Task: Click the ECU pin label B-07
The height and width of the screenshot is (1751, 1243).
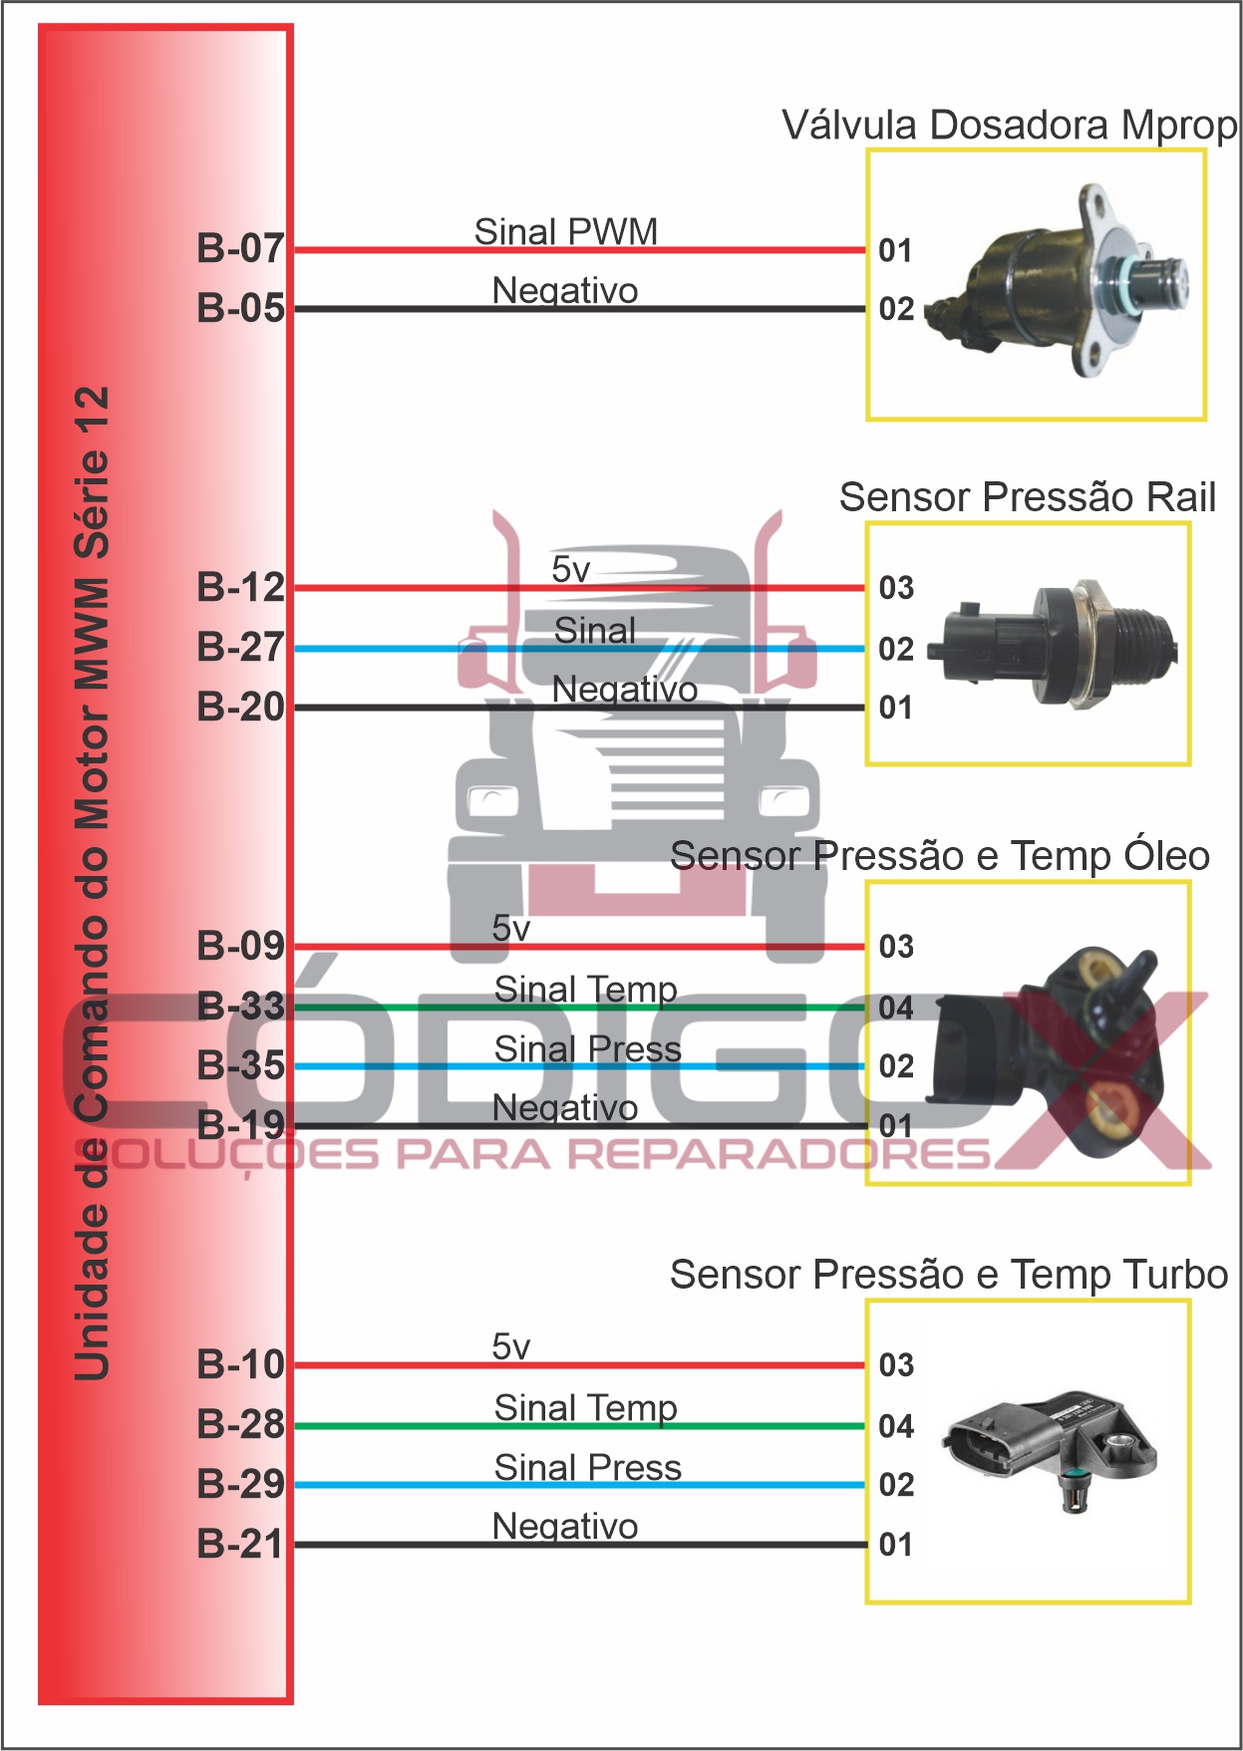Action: click(240, 248)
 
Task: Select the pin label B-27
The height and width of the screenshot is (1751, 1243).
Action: click(240, 648)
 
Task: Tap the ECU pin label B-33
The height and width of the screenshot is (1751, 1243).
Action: click(240, 1007)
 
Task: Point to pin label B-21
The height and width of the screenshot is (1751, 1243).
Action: click(240, 1545)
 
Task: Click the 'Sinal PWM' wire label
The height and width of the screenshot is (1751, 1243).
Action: click(565, 231)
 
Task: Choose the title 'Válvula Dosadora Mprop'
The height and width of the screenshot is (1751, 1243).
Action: click(1009, 126)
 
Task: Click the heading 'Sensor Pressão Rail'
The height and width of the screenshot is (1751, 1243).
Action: click(1027, 497)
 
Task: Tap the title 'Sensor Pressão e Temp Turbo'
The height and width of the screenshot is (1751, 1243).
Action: click(948, 1275)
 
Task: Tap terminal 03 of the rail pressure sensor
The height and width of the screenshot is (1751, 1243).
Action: click(896, 588)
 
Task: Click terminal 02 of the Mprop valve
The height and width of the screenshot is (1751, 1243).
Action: click(896, 309)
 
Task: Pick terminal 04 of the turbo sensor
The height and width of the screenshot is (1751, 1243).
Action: click(896, 1426)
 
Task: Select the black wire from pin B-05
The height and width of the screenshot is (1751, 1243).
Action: click(748, 309)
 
